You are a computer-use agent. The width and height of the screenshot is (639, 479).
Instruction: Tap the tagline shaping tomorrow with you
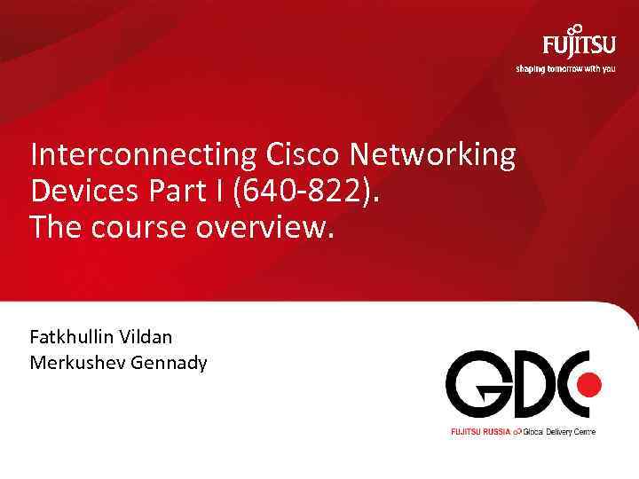point(564,69)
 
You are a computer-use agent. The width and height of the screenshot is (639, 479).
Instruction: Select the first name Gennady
point(171,362)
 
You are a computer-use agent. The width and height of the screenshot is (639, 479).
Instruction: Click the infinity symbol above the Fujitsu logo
point(576,29)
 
